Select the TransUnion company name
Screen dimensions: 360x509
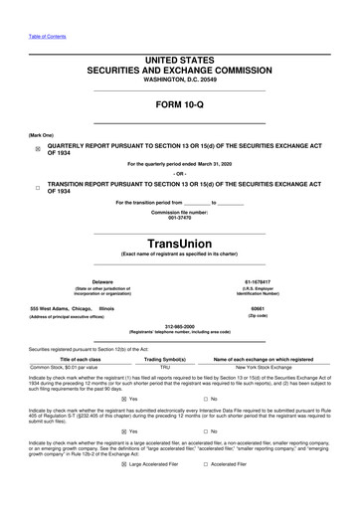point(179,242)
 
